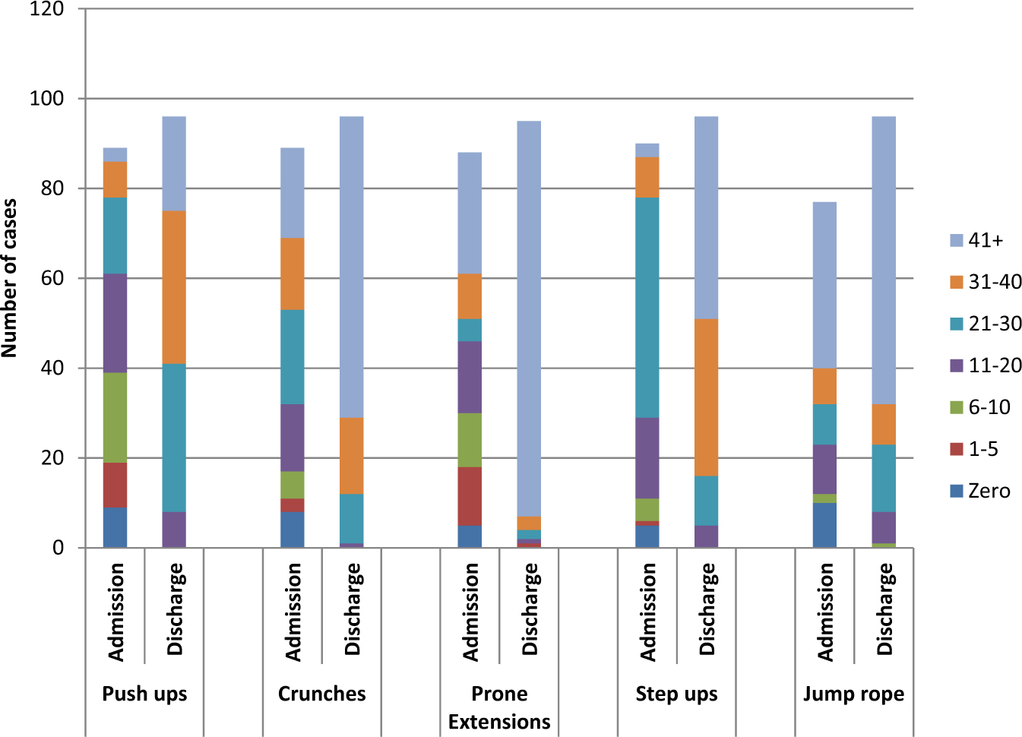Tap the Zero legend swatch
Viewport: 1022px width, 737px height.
pyautogui.click(x=957, y=491)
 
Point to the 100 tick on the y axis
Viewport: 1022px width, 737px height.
pyautogui.click(x=47, y=99)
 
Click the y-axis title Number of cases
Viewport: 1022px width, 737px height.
pyautogui.click(x=10, y=278)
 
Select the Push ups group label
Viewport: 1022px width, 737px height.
pyautogui.click(x=144, y=694)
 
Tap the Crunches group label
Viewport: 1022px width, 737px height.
pyautogui.click(x=321, y=694)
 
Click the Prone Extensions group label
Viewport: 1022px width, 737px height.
pyautogui.click(x=499, y=707)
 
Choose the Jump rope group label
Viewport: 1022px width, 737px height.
pyautogui.click(x=853, y=694)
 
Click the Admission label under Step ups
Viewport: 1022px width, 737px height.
pyautogui.click(x=648, y=612)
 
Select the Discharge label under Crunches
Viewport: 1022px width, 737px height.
pyautogui.click(x=353, y=609)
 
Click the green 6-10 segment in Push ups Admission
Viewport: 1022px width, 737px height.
pyautogui.click(x=115, y=417)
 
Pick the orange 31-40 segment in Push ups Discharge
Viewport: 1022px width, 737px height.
pyautogui.click(x=174, y=287)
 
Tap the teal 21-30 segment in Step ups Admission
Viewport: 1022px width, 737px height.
pyautogui.click(x=647, y=307)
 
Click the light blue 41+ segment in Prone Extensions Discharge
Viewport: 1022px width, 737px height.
pyautogui.click(x=529, y=319)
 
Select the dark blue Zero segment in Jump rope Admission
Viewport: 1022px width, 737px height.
pyautogui.click(x=824, y=525)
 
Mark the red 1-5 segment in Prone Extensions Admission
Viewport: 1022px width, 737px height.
pyautogui.click(x=470, y=496)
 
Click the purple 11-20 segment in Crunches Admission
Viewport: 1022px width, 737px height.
pyautogui.click(x=293, y=438)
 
